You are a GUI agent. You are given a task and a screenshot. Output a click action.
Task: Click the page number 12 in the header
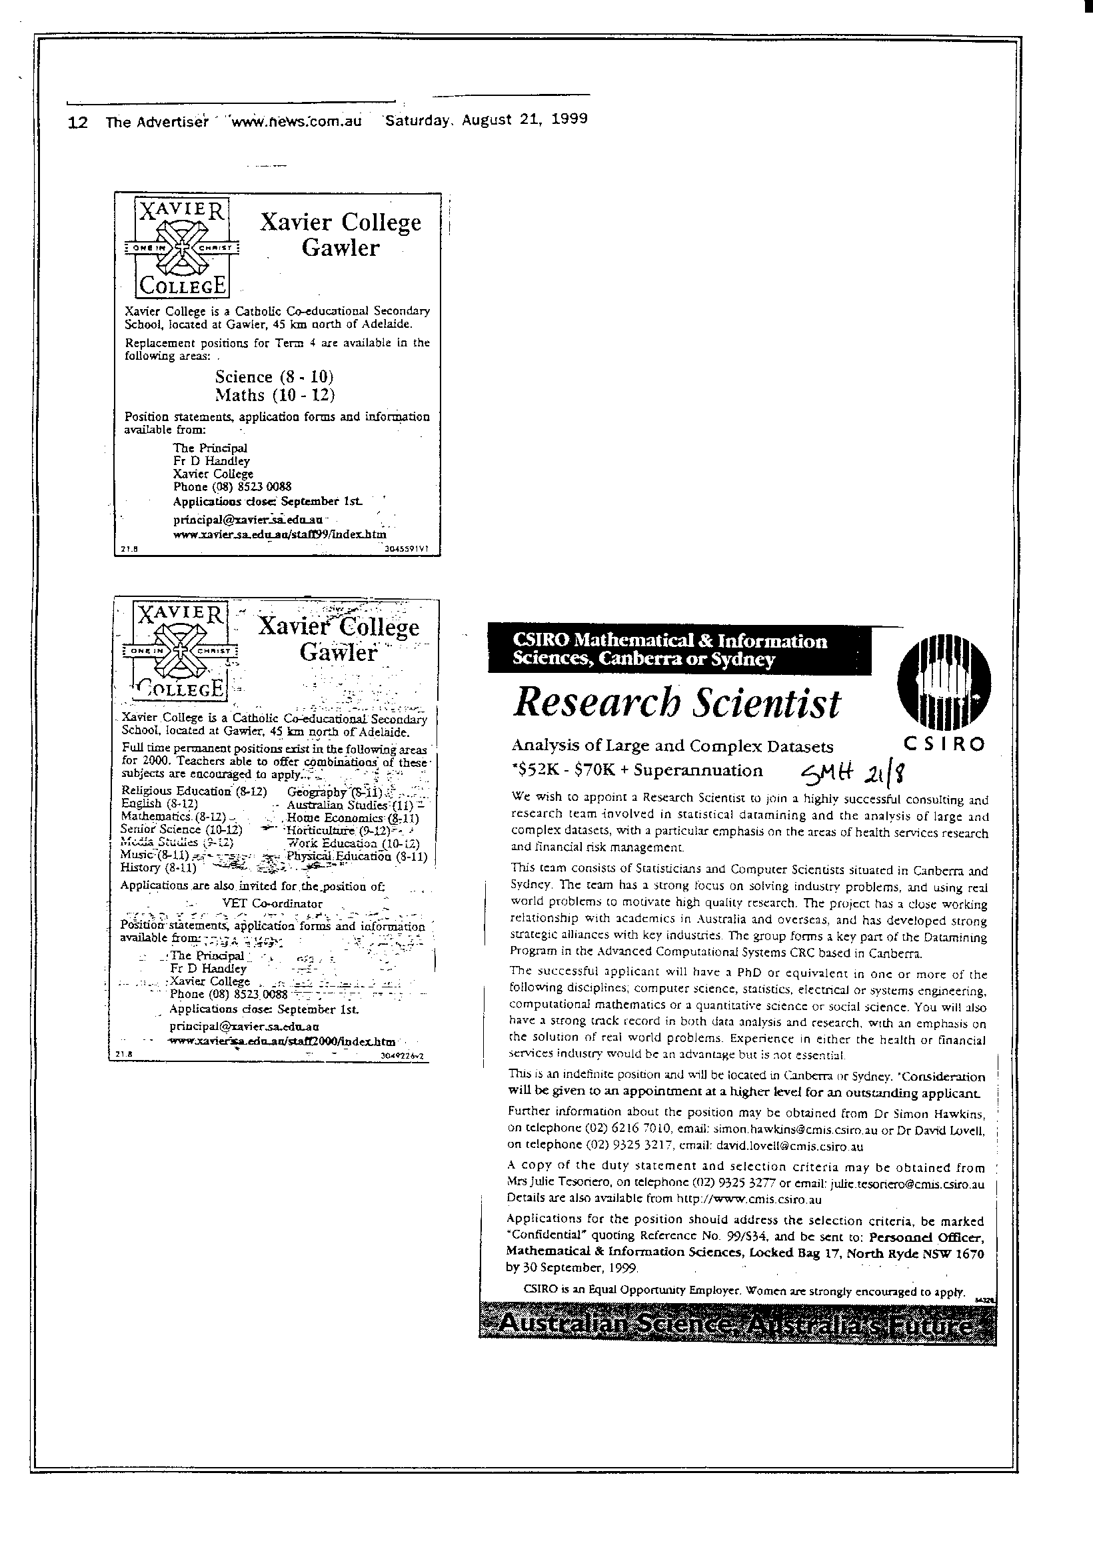click(78, 123)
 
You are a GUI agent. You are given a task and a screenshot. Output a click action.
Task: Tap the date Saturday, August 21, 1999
click(485, 120)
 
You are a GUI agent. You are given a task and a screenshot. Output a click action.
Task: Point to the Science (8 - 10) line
click(274, 376)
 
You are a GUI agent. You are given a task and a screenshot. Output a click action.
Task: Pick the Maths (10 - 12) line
click(275, 394)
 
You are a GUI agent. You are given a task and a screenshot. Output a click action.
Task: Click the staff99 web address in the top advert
click(279, 534)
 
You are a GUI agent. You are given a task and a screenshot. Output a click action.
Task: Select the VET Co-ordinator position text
click(272, 903)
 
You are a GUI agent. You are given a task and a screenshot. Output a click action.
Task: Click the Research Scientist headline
click(676, 703)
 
